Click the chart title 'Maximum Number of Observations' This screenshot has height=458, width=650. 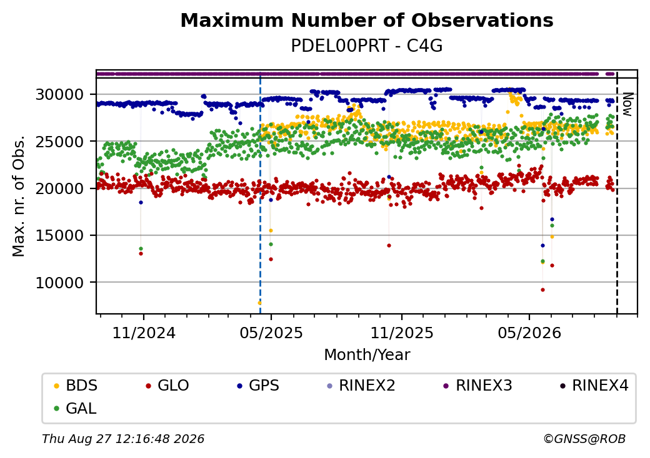pyautogui.click(x=367, y=20)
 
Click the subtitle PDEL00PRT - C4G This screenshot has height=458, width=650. pyautogui.click(x=367, y=46)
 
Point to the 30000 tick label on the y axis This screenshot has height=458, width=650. pyautogui.click(x=60, y=95)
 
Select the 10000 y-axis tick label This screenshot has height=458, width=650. pyautogui.click(x=60, y=283)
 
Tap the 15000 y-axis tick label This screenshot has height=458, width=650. pyautogui.click(x=60, y=236)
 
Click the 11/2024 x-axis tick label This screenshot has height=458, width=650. pyautogui.click(x=144, y=333)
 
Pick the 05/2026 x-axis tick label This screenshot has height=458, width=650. pyautogui.click(x=529, y=333)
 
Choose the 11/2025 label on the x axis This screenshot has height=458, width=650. pyautogui.click(x=402, y=333)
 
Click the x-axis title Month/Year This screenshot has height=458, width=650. pyautogui.click(x=367, y=355)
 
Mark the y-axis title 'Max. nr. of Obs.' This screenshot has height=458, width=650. pyautogui.click(x=19, y=196)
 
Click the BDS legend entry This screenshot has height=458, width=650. pyautogui.click(x=76, y=386)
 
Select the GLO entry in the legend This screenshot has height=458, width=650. pyautogui.click(x=167, y=386)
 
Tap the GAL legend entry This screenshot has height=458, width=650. pyautogui.click(x=76, y=408)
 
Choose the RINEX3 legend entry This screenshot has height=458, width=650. pyautogui.click(x=478, y=386)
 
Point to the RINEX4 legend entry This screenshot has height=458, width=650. pyautogui.click(x=594, y=386)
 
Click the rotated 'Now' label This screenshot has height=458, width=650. pyautogui.click(x=628, y=104)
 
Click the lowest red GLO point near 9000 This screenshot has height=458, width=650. pyautogui.click(x=542, y=290)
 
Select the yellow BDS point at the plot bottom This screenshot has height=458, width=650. pyautogui.click(x=259, y=303)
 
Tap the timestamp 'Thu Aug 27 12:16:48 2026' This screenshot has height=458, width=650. pyautogui.click(x=123, y=439)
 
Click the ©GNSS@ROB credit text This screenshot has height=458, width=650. pyautogui.click(x=584, y=439)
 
